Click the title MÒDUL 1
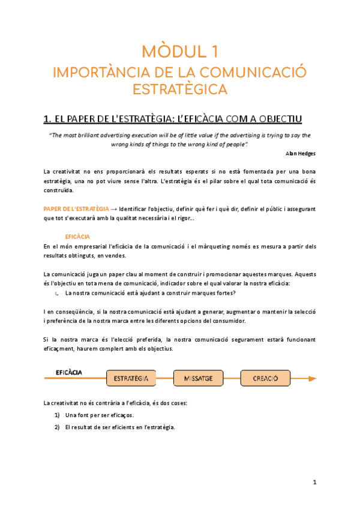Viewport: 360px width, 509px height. (x=179, y=50)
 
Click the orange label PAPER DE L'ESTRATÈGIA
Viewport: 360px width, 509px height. (x=77, y=208)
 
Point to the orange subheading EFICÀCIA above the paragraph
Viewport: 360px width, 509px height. (x=77, y=237)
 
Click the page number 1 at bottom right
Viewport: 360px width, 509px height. (x=314, y=482)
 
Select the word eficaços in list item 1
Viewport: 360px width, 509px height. (x=121, y=415)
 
